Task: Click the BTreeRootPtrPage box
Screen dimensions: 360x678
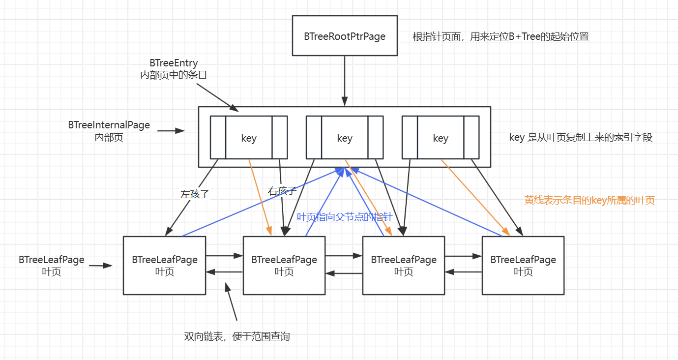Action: click(344, 35)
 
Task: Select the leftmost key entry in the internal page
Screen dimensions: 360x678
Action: click(248, 138)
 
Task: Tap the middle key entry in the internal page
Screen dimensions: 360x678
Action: click(344, 138)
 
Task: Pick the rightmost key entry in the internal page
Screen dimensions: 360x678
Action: click(440, 138)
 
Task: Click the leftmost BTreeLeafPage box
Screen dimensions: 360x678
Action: click(164, 266)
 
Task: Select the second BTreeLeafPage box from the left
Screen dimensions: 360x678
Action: click(284, 266)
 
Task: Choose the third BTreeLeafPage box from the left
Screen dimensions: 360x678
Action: click(404, 266)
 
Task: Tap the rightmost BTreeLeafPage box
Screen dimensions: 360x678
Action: click(523, 266)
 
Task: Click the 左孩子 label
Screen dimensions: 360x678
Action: click(195, 194)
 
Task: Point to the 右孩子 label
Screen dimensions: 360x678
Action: click(282, 191)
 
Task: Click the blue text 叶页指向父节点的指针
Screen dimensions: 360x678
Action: click(345, 217)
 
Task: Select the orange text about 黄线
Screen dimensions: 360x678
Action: click(590, 200)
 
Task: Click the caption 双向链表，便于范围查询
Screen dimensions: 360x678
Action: click(236, 336)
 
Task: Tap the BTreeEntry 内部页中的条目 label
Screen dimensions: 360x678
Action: click(174, 69)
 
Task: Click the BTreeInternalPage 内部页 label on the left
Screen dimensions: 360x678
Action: click(109, 131)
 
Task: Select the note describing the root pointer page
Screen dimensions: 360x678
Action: click(501, 36)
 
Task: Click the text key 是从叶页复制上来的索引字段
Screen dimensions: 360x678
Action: click(581, 138)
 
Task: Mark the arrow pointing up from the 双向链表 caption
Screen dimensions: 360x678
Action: click(231, 302)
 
